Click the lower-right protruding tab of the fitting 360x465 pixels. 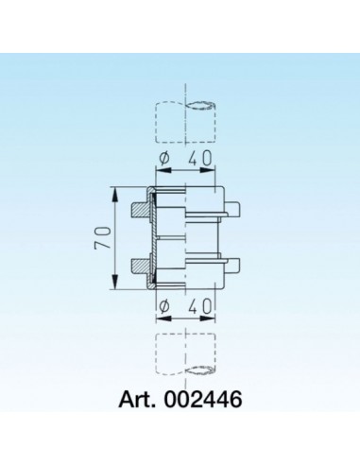coord(233,266)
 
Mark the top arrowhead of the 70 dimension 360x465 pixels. coord(114,192)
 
